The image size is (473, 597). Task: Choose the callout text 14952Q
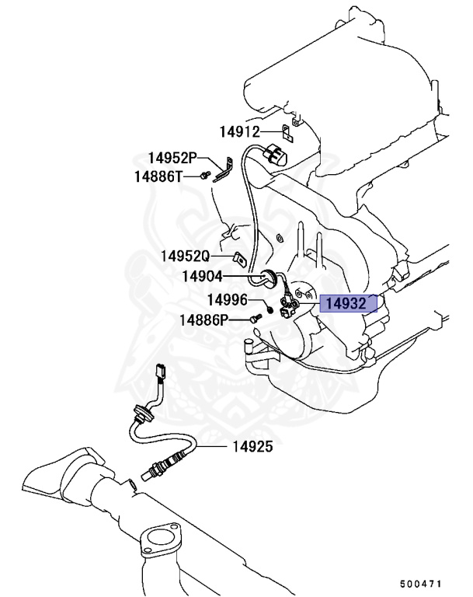tap(186, 256)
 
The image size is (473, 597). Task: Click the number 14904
tap(203, 276)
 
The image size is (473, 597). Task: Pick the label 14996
tap(205, 299)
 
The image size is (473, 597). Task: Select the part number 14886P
tap(204, 319)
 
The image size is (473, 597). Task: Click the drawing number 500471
tap(421, 581)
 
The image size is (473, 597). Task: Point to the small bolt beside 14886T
tap(204, 176)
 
